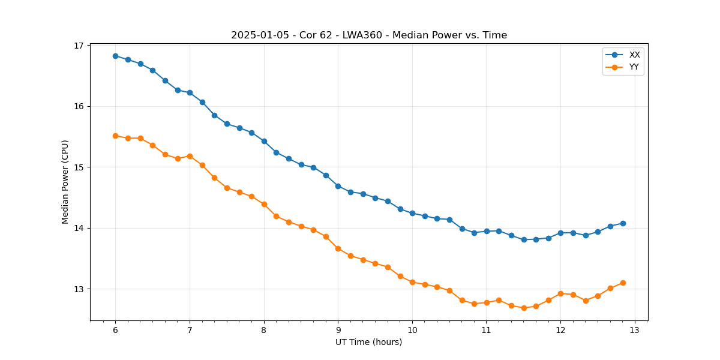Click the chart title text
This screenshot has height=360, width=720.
coord(369,35)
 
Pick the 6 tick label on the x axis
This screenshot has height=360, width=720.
coord(115,331)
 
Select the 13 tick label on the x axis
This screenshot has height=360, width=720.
coord(635,331)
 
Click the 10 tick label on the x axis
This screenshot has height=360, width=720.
coord(412,331)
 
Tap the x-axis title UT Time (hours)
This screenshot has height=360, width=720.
coord(369,342)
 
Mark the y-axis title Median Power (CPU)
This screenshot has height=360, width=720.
coord(65,182)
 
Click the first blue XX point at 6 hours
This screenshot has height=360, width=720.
coord(115,56)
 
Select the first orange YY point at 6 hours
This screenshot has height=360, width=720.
coord(115,136)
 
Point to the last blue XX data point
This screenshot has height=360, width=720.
coord(623,223)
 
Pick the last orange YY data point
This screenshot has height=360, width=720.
coord(623,283)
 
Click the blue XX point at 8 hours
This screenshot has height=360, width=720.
coord(264,141)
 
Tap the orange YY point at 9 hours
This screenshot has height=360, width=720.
coord(338,248)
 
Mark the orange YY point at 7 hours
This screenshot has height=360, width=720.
coord(190,156)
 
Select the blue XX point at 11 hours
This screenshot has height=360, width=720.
coord(487,231)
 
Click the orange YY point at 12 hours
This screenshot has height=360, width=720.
coord(560,293)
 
